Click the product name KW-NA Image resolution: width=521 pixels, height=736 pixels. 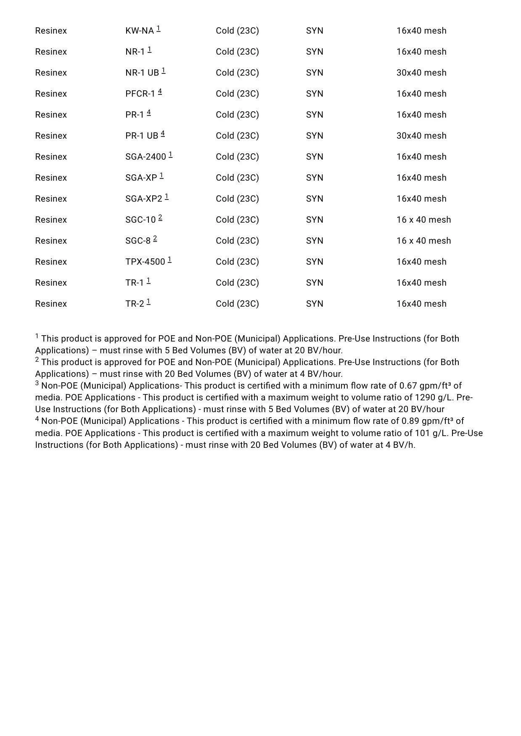point(140,31)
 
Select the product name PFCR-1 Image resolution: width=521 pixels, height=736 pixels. point(140,94)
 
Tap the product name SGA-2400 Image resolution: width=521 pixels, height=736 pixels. point(145,157)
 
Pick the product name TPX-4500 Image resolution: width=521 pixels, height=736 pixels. point(145,262)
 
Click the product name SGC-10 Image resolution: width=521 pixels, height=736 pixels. point(140,220)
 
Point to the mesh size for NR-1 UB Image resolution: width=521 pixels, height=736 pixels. point(421,73)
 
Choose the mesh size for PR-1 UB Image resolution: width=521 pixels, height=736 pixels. point(421,136)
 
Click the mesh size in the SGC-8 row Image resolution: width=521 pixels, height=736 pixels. point(423,241)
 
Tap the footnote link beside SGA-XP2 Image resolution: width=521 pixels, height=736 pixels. point(167,197)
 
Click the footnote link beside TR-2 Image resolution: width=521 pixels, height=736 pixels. point(148,302)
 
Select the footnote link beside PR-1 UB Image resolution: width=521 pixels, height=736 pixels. point(163,134)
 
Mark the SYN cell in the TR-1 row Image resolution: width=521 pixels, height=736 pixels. point(315,283)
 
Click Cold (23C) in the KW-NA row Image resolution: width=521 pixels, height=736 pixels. point(237,31)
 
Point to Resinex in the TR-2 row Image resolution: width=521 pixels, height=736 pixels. point(51,304)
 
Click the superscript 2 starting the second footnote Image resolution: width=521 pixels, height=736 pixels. point(37,360)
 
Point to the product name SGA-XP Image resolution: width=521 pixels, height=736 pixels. point(141,178)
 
